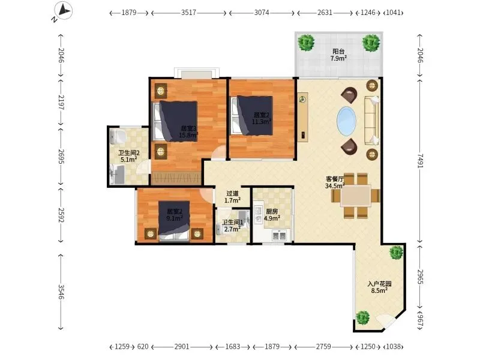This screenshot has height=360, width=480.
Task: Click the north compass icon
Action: (x=63, y=11)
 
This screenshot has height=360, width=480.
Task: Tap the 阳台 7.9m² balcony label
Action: (x=338, y=55)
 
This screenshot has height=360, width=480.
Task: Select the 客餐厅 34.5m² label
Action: (x=335, y=182)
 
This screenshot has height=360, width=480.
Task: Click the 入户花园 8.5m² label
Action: (x=380, y=287)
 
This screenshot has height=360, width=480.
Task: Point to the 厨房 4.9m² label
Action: (x=272, y=215)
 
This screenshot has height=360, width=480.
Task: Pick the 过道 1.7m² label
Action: (x=232, y=197)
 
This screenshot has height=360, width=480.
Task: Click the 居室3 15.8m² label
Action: (x=188, y=131)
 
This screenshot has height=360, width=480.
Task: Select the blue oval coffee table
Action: (x=347, y=121)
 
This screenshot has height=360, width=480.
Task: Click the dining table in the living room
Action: (x=356, y=195)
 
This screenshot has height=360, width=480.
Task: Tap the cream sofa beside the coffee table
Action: (x=371, y=121)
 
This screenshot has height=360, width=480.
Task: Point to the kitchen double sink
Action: (x=279, y=235)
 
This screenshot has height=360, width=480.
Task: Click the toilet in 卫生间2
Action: (x=118, y=137)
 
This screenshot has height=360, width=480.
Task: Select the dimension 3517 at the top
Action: (x=188, y=13)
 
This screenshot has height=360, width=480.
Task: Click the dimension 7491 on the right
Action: (x=420, y=161)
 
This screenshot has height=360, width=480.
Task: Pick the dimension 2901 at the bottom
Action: (x=182, y=347)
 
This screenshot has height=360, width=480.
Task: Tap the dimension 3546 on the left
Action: (x=61, y=292)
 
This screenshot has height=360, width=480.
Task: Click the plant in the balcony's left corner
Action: (x=306, y=42)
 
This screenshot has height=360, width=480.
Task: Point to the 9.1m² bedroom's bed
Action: (x=174, y=220)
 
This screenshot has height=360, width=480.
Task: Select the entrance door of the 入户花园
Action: (x=386, y=322)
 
